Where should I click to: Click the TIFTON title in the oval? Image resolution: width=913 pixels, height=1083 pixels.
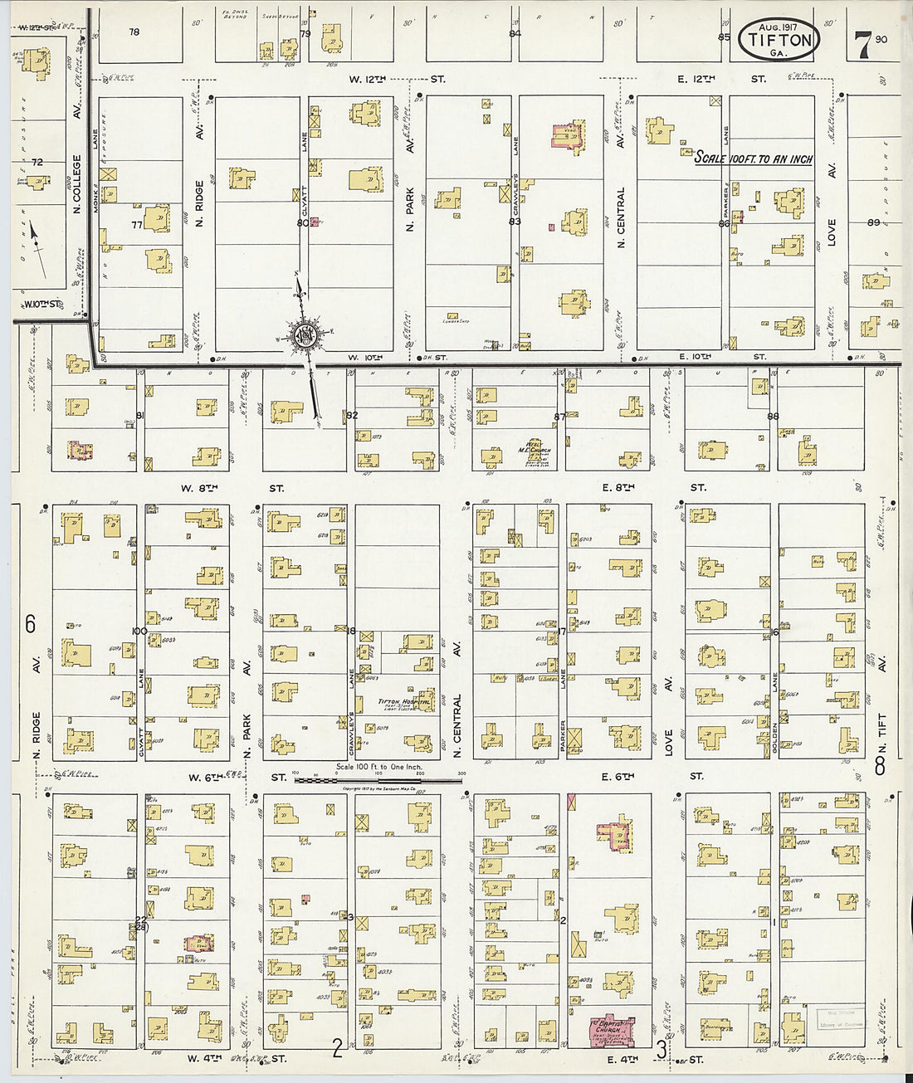coord(779,39)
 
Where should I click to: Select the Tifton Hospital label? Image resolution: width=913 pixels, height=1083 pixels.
coord(404,702)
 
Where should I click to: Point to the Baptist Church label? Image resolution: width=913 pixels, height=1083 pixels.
coord(611,1027)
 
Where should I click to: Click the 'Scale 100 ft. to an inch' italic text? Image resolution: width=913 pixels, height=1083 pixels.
coord(753,159)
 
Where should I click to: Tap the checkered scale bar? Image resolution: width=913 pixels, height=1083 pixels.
coord(378,780)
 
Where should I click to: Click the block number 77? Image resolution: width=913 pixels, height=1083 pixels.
coord(137,224)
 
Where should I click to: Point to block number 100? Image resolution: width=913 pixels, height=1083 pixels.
coord(139,632)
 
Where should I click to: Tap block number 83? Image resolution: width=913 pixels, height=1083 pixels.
coord(515,222)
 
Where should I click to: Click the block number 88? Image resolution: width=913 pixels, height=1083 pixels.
coord(773,416)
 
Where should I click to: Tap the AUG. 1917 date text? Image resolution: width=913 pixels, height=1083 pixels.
coord(778,27)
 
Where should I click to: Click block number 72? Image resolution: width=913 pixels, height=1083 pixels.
coord(37,163)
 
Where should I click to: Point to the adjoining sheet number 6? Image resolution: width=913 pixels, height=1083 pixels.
coord(30,624)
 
